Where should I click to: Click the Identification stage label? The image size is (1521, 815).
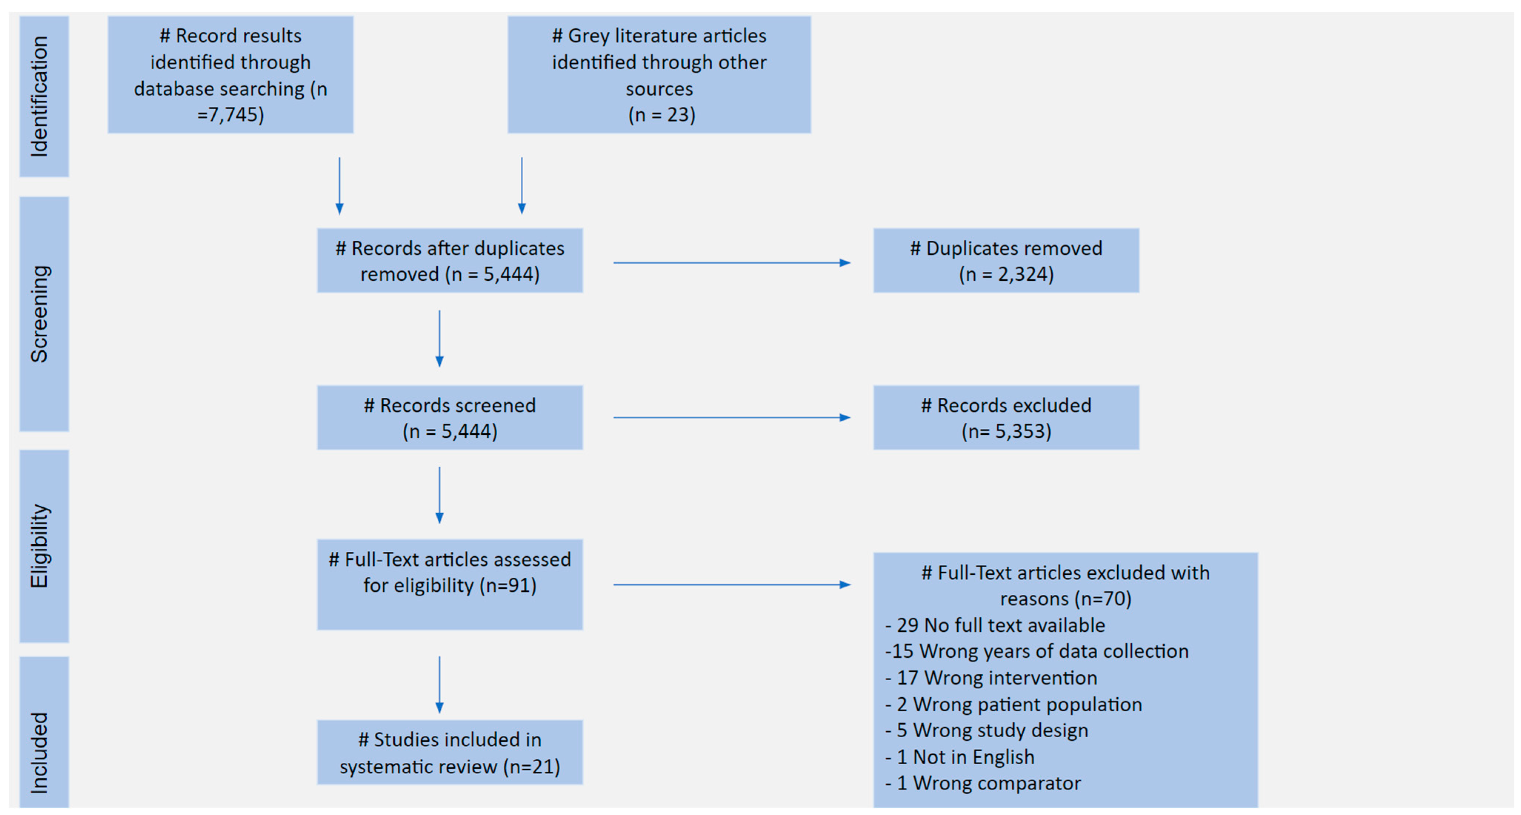tap(39, 96)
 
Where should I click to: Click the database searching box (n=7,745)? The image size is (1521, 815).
tap(230, 75)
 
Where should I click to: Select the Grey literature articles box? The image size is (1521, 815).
tap(659, 75)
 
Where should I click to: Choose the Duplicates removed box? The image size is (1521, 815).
tap(1006, 261)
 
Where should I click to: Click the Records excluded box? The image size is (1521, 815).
tap(1006, 418)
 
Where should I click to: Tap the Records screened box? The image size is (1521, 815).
tap(450, 418)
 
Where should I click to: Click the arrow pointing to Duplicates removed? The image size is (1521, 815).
tap(732, 263)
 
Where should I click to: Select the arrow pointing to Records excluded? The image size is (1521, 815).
tap(732, 418)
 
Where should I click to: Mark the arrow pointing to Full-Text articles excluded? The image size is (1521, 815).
tap(732, 585)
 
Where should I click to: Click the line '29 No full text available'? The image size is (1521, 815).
tap(995, 625)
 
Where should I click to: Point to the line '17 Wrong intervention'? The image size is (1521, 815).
tap(992, 678)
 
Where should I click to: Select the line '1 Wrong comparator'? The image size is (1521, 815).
tap(984, 783)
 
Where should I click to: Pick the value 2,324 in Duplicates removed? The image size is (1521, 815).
tap(1022, 274)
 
